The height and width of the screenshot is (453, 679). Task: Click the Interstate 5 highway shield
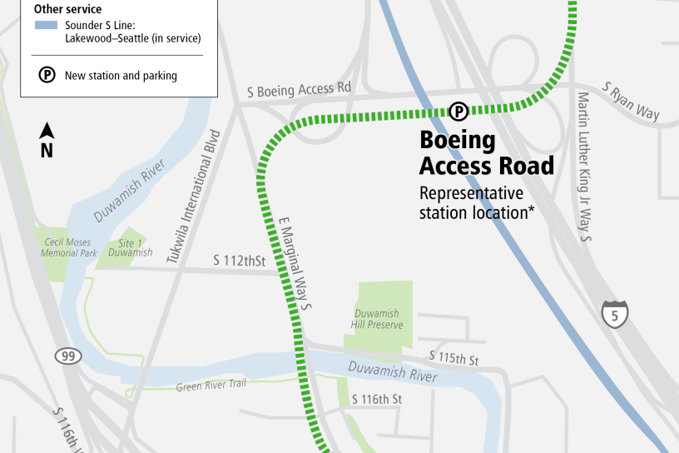(x=615, y=314)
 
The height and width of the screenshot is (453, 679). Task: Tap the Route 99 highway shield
(x=69, y=356)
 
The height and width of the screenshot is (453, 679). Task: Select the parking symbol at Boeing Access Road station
(x=458, y=111)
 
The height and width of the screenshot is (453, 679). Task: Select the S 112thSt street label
(x=239, y=261)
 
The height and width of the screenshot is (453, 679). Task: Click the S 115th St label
(x=454, y=359)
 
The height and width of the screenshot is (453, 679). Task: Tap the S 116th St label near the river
(x=377, y=400)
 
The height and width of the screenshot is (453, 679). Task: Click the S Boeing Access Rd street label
(x=300, y=88)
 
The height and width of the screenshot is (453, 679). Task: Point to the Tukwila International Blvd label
(x=195, y=197)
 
